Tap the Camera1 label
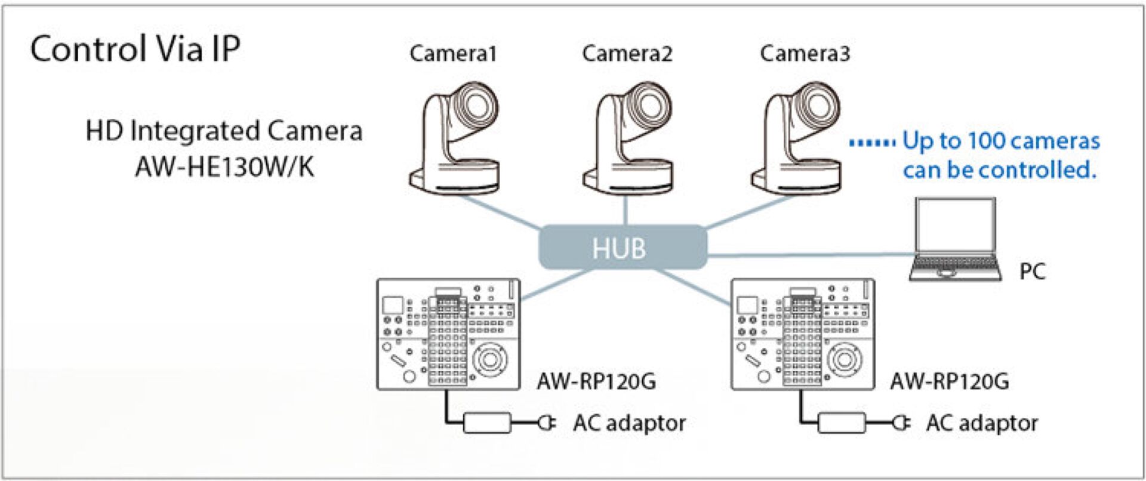pyautogui.click(x=453, y=54)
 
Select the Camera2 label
pyautogui.click(x=627, y=54)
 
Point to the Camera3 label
pyautogui.click(x=805, y=54)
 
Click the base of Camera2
pyautogui.click(x=626, y=179)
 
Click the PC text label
pyautogui.click(x=1032, y=272)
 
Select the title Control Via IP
pyautogui.click(x=135, y=49)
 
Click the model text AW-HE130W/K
pyautogui.click(x=224, y=167)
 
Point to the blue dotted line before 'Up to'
pyautogui.click(x=872, y=143)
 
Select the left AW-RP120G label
pyautogui.click(x=596, y=381)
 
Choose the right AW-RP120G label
pyautogui.click(x=949, y=381)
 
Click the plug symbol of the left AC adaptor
pyautogui.click(x=547, y=423)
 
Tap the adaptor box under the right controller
pyautogui.click(x=841, y=423)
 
